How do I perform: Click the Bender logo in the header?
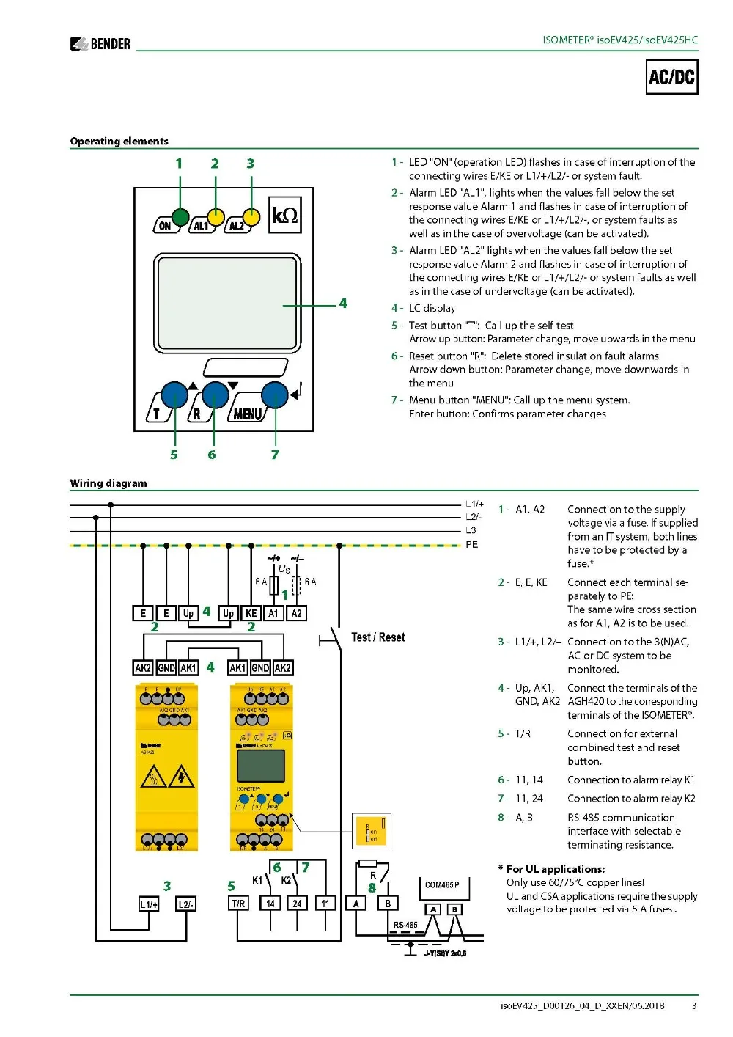pyautogui.click(x=100, y=44)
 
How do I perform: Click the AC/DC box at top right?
pyautogui.click(x=672, y=77)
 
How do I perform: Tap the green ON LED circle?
pyautogui.click(x=180, y=216)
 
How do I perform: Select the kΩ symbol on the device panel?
pyautogui.click(x=284, y=216)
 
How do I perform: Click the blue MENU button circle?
pyautogui.click(x=274, y=395)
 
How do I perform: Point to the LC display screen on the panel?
pyautogui.click(x=226, y=303)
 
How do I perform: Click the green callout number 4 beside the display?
pyautogui.click(x=342, y=304)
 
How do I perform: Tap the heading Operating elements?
pyautogui.click(x=119, y=141)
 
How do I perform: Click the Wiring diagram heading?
pyautogui.click(x=108, y=483)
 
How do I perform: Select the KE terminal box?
pyautogui.click(x=251, y=613)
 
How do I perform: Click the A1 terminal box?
pyautogui.click(x=273, y=613)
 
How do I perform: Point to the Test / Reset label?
pyautogui.click(x=377, y=637)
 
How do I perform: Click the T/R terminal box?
pyautogui.click(x=238, y=904)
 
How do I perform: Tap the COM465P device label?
pyautogui.click(x=442, y=884)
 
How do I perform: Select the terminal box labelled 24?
pyautogui.click(x=297, y=904)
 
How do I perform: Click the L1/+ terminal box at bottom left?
pyautogui.click(x=149, y=904)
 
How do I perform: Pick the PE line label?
pyautogui.click(x=471, y=545)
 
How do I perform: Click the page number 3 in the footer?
pyautogui.click(x=693, y=1005)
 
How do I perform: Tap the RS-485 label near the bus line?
pyautogui.click(x=405, y=925)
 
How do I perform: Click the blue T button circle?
pyautogui.click(x=174, y=395)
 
